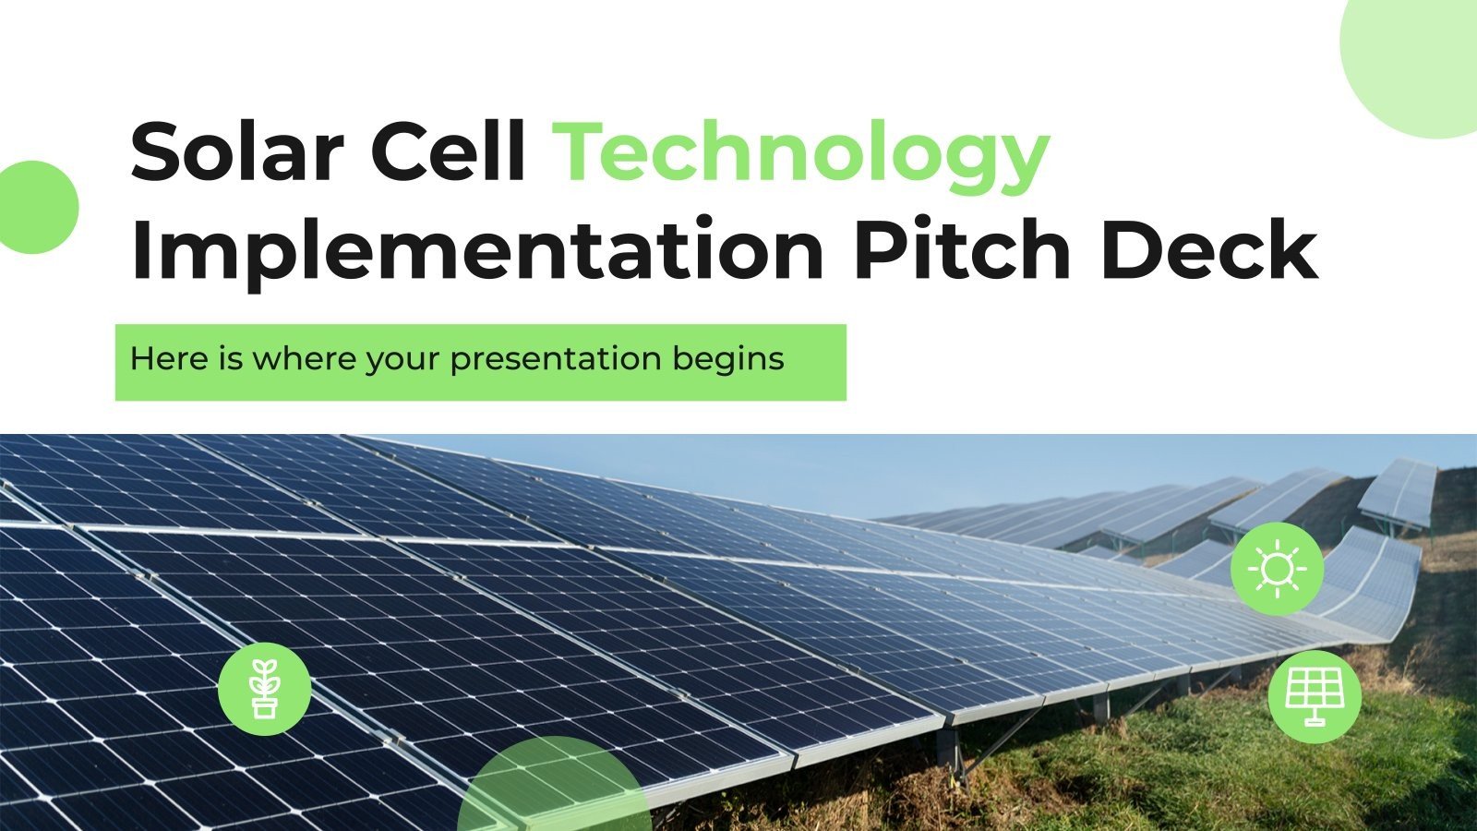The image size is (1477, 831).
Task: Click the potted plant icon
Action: (x=265, y=689)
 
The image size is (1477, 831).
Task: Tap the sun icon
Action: (x=1277, y=568)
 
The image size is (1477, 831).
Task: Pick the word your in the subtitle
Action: (x=402, y=360)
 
